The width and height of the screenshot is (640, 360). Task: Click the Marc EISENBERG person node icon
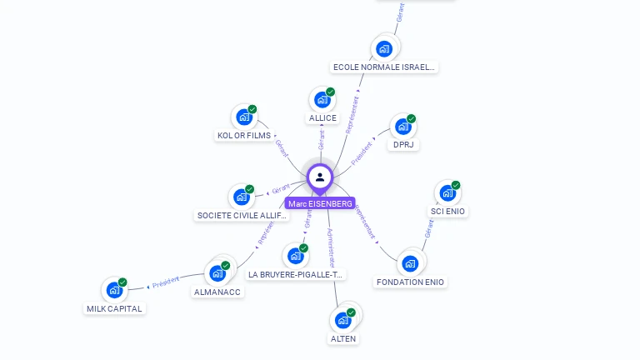(320, 177)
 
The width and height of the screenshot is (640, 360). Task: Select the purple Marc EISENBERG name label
(320, 203)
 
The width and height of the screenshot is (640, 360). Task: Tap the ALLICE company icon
(322, 101)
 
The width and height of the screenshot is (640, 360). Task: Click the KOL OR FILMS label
(244, 136)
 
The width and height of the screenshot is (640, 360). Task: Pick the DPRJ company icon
(403, 127)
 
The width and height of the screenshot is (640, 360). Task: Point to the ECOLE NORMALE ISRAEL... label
(384, 67)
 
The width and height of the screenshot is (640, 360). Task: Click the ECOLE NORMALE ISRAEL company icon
(384, 48)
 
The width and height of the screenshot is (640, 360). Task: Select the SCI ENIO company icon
(447, 193)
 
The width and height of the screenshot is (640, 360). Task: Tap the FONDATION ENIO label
(411, 282)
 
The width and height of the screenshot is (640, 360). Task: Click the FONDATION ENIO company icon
(409, 263)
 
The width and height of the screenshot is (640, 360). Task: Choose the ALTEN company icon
(342, 320)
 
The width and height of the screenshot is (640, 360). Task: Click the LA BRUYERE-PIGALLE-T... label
(296, 274)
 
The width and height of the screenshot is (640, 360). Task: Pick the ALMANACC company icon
(217, 273)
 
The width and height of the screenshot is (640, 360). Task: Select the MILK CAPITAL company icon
(114, 291)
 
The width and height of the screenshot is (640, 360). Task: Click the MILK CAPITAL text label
(115, 308)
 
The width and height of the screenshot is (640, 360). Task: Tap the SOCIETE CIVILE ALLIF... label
(242, 216)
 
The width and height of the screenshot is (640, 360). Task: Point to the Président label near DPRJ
(362, 153)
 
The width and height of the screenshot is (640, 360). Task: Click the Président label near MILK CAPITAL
(166, 282)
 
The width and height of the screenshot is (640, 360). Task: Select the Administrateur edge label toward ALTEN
(330, 247)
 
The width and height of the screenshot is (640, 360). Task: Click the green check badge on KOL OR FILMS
(252, 109)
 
